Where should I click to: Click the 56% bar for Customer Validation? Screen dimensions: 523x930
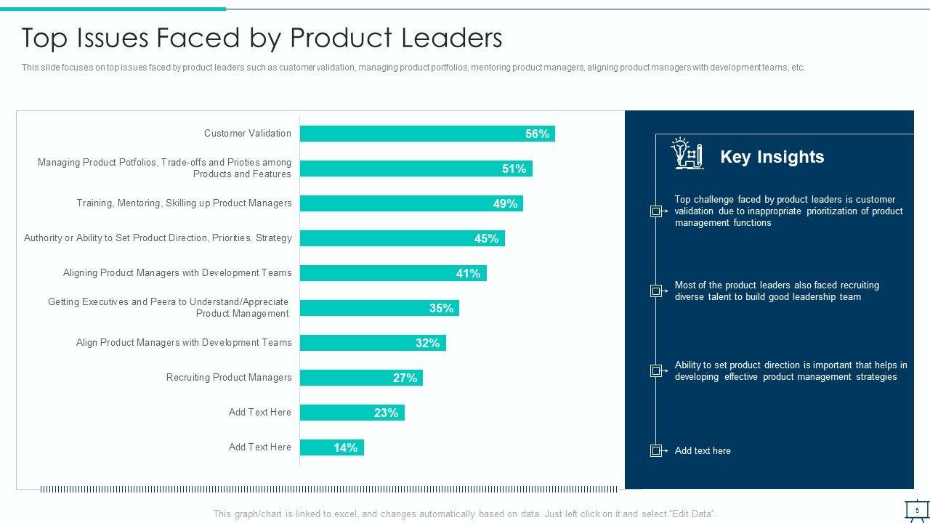pyautogui.click(x=427, y=134)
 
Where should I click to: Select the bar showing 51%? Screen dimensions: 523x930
pyautogui.click(x=416, y=169)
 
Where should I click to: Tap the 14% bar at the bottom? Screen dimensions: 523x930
pyautogui.click(x=331, y=447)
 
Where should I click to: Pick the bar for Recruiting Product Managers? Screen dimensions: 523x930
pyautogui.click(x=361, y=378)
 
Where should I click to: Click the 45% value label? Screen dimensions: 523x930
pyautogui.click(x=486, y=238)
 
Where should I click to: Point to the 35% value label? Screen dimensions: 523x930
pyautogui.click(x=441, y=308)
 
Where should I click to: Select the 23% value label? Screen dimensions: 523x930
pyautogui.click(x=386, y=413)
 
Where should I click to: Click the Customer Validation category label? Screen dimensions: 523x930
pyautogui.click(x=247, y=134)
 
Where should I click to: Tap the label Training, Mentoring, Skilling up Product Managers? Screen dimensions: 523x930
pyautogui.click(x=184, y=203)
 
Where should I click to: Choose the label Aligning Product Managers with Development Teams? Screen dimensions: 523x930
pyautogui.click(x=177, y=273)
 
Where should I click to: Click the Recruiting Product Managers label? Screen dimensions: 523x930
pyautogui.click(x=229, y=378)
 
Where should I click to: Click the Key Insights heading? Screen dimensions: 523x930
pyautogui.click(x=772, y=157)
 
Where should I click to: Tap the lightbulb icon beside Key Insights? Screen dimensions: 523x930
pyautogui.click(x=686, y=153)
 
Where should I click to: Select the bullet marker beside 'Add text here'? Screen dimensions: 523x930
pyautogui.click(x=656, y=450)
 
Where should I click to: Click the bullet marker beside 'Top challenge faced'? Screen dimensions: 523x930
pyautogui.click(x=656, y=211)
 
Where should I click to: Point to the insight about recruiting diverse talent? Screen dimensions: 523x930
pyautogui.click(x=776, y=291)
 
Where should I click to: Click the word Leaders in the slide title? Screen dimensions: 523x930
pyautogui.click(x=452, y=38)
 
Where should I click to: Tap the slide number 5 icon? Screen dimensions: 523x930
pyautogui.click(x=917, y=510)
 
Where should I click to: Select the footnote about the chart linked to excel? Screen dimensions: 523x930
pyautogui.click(x=465, y=514)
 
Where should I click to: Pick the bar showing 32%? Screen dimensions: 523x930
pyautogui.click(x=373, y=343)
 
